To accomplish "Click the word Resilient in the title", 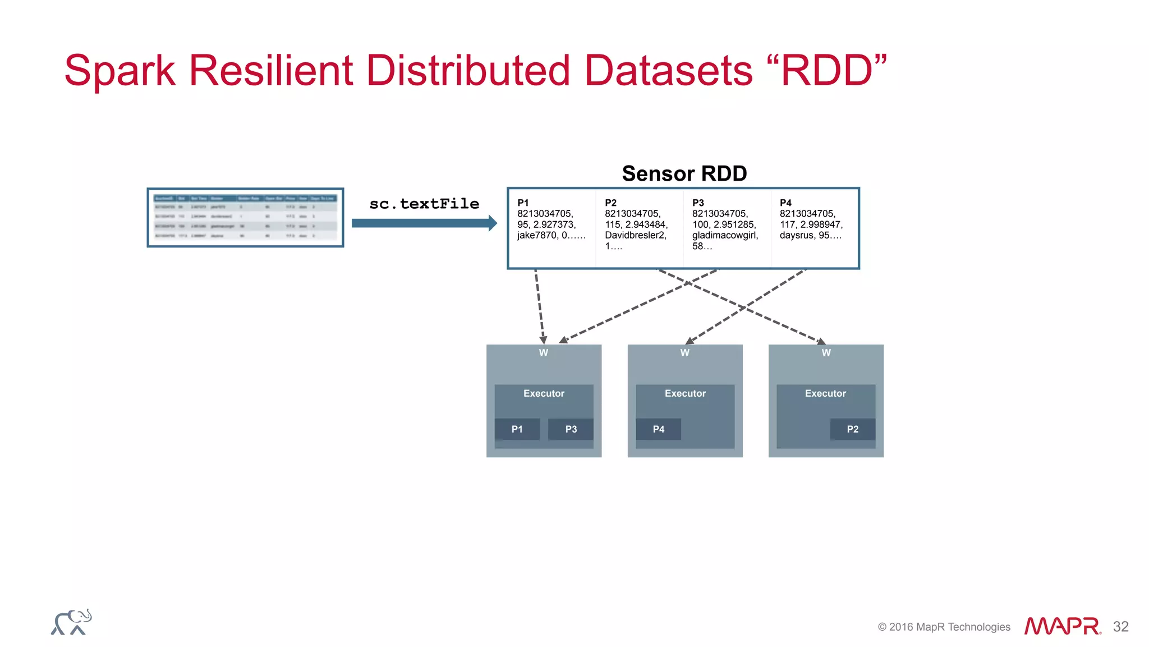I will point(270,71).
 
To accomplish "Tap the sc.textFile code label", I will point(424,204).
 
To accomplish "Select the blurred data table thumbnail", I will point(245,218).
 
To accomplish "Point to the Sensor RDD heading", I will point(684,173).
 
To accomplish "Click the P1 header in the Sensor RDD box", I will point(523,203).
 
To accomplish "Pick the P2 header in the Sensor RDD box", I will point(610,203).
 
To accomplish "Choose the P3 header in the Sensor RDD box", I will point(698,203).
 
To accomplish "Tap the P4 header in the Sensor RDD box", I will point(785,203).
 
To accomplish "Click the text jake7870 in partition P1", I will point(536,236).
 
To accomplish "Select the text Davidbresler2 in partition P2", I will point(635,236).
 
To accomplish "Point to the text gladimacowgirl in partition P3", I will point(724,236).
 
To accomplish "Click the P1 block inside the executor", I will point(517,429).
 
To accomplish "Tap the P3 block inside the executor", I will point(571,429).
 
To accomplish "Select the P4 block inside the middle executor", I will point(658,429).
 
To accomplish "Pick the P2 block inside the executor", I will point(852,429).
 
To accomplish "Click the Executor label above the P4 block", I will point(685,393).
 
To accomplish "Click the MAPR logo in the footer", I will point(1062,626).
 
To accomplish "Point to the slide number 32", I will point(1120,627).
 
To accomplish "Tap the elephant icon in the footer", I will point(71,622).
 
